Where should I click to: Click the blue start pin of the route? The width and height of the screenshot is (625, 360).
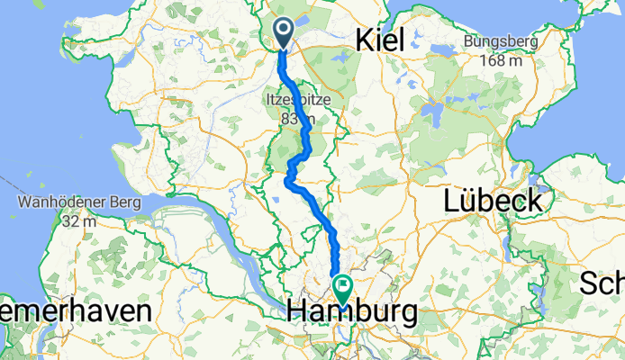point(283,34)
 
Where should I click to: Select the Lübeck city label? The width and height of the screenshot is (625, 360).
point(493,200)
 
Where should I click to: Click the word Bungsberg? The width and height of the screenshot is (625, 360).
point(501,41)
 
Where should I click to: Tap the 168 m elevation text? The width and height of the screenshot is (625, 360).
point(501,61)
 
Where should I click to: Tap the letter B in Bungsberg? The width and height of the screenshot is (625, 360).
point(469,41)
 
